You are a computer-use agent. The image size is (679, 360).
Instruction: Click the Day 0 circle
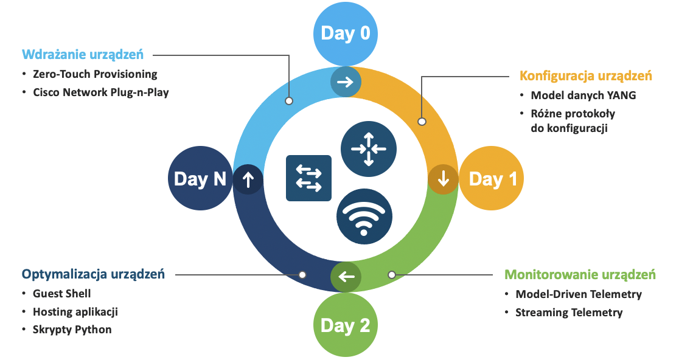345,34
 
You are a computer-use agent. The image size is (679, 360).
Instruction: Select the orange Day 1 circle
491,178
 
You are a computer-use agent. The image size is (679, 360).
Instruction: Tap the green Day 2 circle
345,325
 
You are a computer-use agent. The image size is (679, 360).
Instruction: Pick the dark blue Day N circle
200,178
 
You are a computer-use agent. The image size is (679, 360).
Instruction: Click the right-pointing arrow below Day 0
345,81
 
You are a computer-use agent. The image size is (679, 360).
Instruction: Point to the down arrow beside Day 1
443,179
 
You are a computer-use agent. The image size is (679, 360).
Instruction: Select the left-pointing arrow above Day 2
346,277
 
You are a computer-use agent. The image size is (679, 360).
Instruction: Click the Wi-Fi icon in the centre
364,216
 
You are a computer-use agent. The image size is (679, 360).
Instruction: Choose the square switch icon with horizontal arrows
308,178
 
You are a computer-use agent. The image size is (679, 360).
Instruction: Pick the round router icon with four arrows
369,149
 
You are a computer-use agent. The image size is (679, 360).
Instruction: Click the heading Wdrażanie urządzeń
83,55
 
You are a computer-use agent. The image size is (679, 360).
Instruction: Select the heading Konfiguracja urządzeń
585,76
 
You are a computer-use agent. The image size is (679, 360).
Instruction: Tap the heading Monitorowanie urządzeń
580,275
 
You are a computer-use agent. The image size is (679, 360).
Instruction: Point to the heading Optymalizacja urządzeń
93,274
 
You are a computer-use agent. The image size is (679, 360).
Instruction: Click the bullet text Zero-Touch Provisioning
96,74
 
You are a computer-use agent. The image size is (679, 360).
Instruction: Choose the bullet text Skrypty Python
72,330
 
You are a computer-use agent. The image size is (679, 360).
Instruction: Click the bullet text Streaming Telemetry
569,313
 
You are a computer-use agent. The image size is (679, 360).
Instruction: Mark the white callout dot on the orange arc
422,122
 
